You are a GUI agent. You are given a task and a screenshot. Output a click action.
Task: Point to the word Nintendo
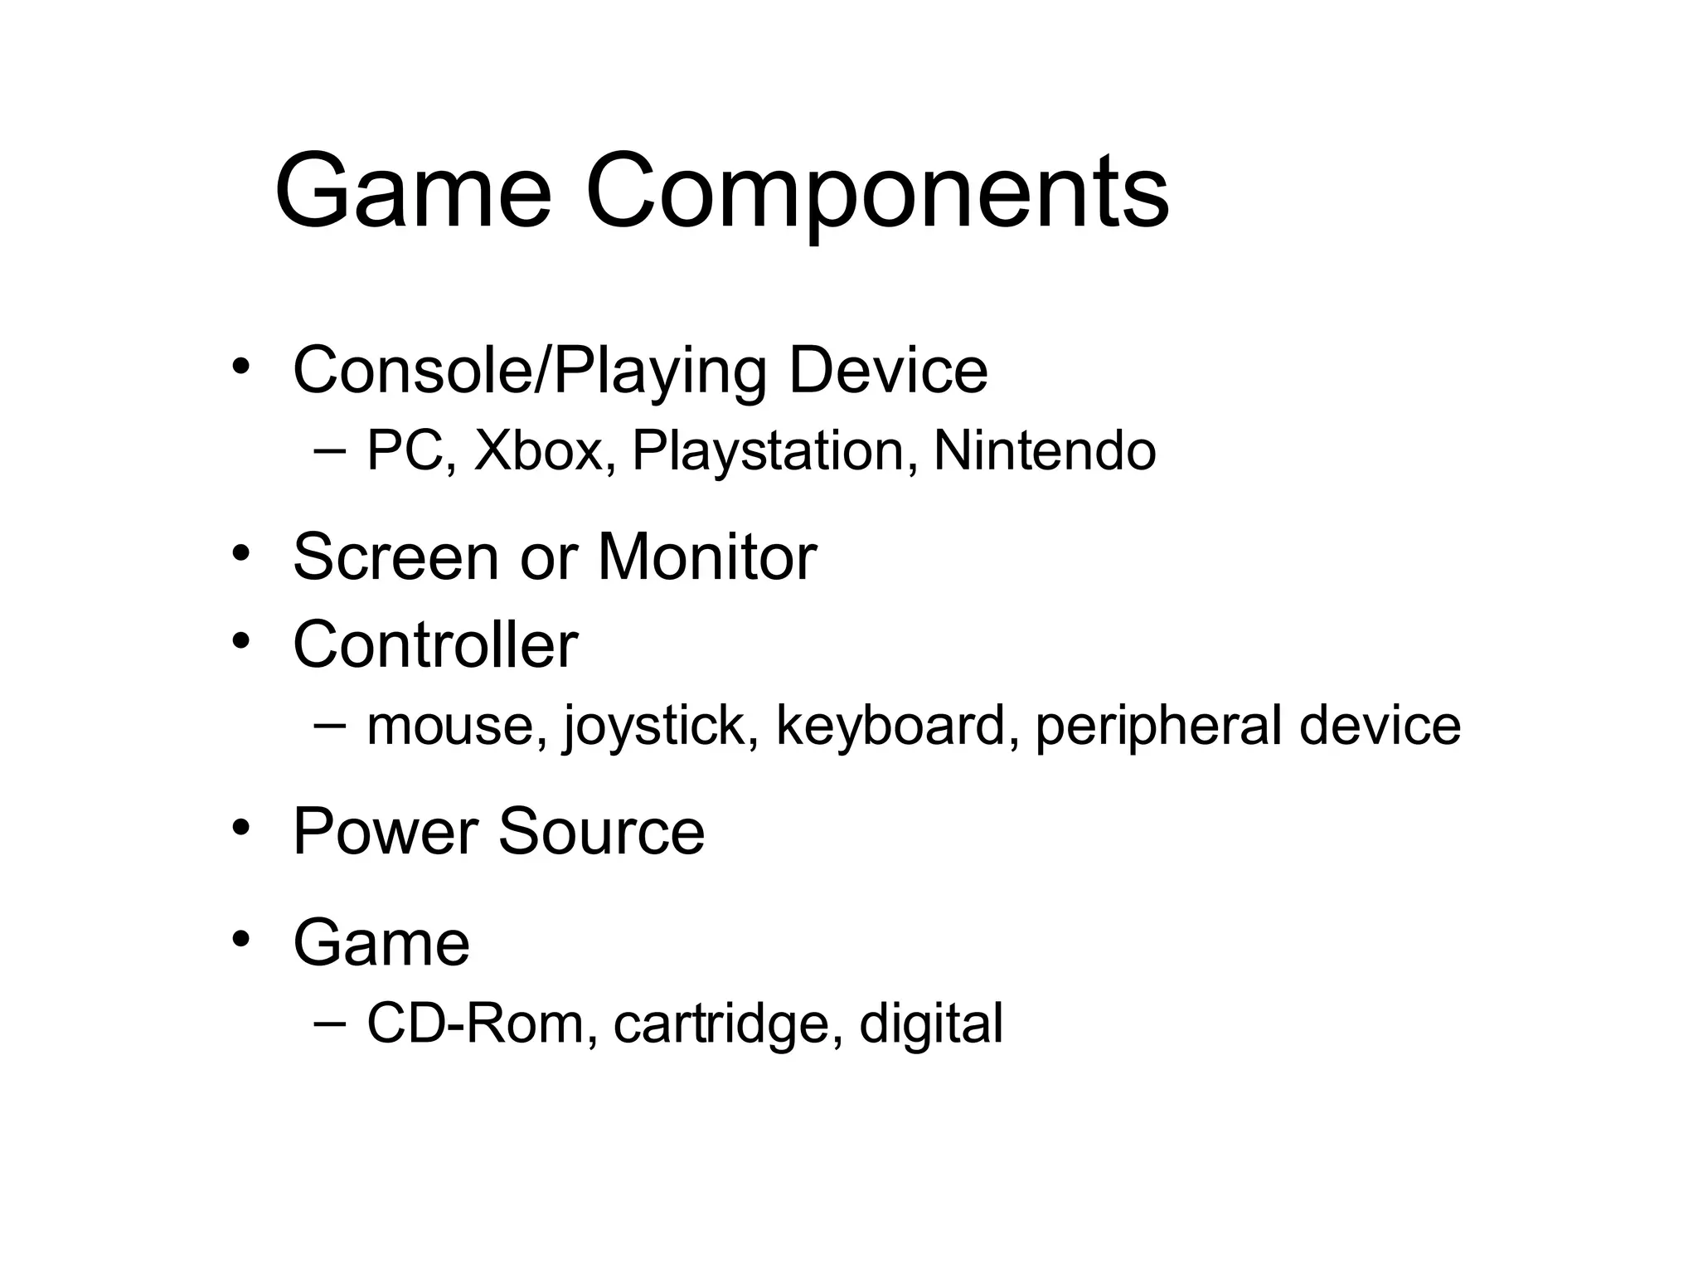tap(1045, 452)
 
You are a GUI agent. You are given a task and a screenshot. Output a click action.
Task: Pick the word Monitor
tap(706, 557)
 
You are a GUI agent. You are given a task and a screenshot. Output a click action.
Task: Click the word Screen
tap(395, 557)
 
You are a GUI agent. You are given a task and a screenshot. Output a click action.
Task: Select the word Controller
tap(435, 644)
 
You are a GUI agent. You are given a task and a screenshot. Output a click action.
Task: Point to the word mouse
tap(457, 727)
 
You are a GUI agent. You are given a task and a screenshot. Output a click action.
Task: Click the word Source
tap(601, 832)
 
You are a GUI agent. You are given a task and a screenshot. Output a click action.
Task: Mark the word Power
tap(386, 832)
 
